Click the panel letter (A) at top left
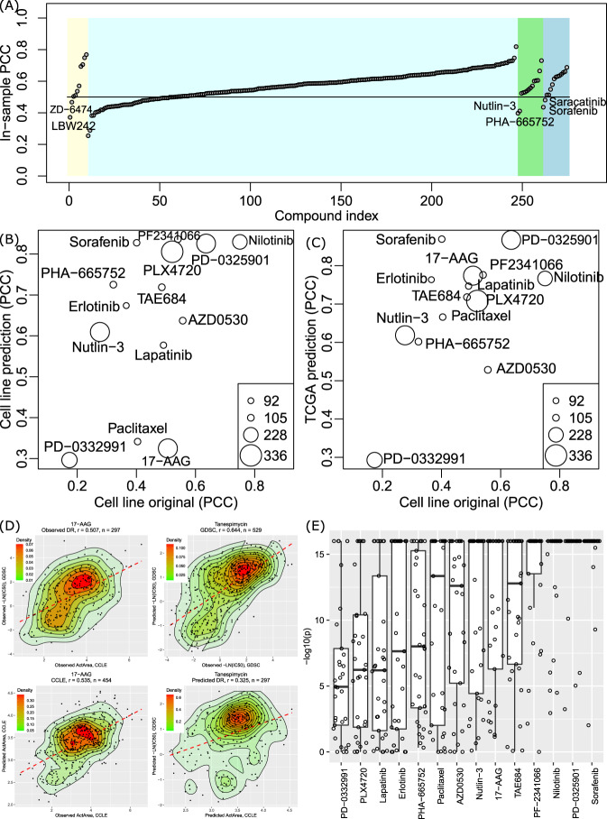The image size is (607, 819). click(13, 8)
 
